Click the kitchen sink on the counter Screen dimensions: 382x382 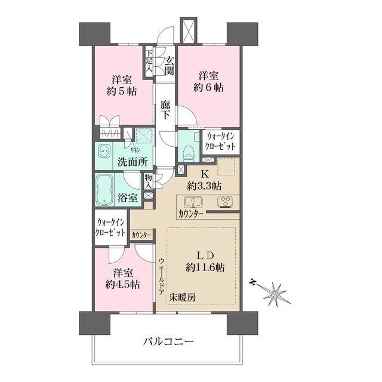coord(192,201)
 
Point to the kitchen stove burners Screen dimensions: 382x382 coord(226,201)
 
